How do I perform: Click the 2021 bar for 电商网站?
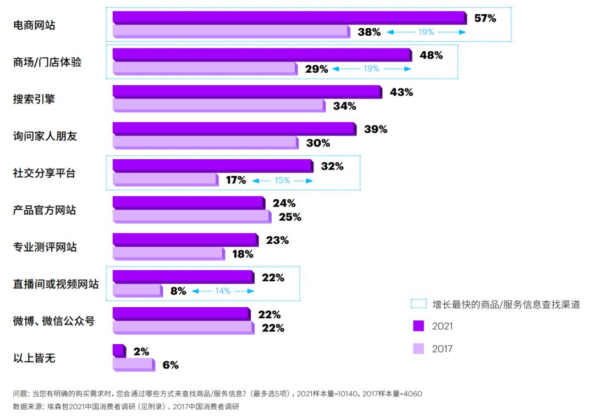tap(289, 18)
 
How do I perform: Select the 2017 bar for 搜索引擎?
tap(218, 105)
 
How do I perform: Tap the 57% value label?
tap(485, 18)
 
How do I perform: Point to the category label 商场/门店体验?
tap(47, 62)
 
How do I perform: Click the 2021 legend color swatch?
tap(419, 326)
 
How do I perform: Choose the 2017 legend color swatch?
tap(419, 349)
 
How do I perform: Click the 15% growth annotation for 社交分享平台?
tap(282, 180)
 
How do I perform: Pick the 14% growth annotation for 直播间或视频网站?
tap(223, 291)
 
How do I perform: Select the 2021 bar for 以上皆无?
tap(119, 351)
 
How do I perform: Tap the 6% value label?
tap(170, 365)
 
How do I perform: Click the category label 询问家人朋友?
tap(45, 136)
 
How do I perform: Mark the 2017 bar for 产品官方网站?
tap(191, 216)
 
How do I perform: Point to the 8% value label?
tap(178, 291)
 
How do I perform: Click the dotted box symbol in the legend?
tap(419, 304)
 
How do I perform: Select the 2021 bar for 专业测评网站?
tap(185, 240)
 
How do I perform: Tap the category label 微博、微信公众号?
tap(54, 321)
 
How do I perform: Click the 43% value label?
tap(401, 92)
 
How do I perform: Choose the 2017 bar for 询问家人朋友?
tap(205, 143)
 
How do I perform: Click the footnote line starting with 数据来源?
tap(126, 407)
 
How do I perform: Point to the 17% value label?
tap(235, 180)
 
